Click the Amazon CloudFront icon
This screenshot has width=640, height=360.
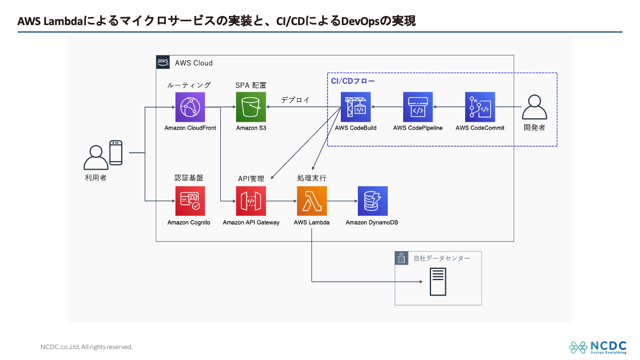[x=190, y=107]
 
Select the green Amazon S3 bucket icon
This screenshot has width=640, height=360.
[x=251, y=107]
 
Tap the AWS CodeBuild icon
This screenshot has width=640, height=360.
[x=356, y=107]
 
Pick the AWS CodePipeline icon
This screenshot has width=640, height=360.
[x=418, y=107]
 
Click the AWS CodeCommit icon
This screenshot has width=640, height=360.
[x=480, y=107]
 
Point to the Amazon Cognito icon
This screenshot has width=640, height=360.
[x=190, y=201]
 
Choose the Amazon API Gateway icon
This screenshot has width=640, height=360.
[x=251, y=201]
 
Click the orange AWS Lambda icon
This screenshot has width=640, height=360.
[x=311, y=201]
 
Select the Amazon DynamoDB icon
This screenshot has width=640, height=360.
[x=373, y=201]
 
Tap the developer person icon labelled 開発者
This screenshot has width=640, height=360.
[x=534, y=107]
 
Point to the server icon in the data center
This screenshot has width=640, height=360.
[x=438, y=282]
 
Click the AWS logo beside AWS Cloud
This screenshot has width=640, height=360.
[x=163, y=62]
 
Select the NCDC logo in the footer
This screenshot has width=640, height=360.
[x=597, y=347]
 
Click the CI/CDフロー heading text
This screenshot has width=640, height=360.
[x=353, y=81]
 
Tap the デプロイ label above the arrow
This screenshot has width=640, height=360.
[x=295, y=100]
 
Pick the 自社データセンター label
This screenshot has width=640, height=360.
[x=442, y=259]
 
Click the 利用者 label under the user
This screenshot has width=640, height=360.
[x=95, y=178]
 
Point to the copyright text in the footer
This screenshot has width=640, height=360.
[x=86, y=347]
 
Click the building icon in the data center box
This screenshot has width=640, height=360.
[x=401, y=259]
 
